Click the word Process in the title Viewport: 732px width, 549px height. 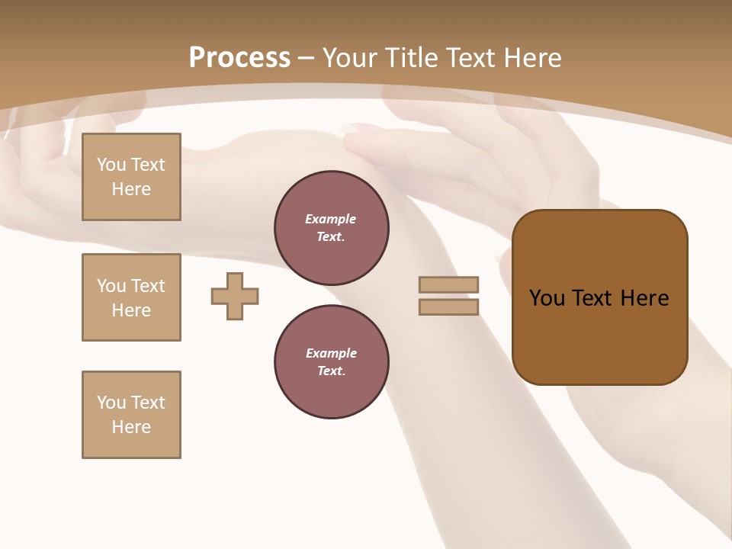pos(239,58)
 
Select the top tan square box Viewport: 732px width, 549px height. pos(131,177)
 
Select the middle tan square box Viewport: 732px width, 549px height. pos(131,297)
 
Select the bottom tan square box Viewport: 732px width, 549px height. pos(131,415)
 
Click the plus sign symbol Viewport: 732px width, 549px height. pos(235,296)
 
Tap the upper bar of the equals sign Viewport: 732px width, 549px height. pos(448,284)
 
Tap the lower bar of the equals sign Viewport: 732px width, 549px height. pos(448,307)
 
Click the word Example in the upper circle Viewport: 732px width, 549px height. pos(331,219)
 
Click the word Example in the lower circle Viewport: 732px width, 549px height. pos(331,353)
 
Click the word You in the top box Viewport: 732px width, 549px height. pos(111,165)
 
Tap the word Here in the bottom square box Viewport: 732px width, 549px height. pos(131,427)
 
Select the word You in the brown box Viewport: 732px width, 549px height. pos(547,298)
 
